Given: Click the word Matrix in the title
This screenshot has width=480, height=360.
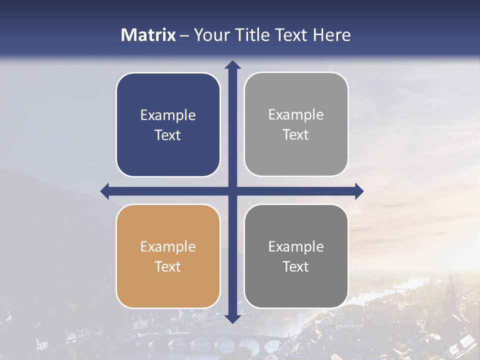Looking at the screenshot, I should [148, 35].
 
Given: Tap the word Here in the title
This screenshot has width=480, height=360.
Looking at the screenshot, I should [331, 35].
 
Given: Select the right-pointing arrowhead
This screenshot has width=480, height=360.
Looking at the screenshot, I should [359, 191].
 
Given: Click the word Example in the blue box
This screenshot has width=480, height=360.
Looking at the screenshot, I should [168, 115].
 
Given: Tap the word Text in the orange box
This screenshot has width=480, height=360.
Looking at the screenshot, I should [168, 266].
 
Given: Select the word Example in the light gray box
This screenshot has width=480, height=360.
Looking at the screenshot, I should [296, 115].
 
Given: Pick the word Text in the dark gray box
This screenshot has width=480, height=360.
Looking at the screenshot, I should [296, 266].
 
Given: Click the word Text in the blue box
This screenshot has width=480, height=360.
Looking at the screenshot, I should [168, 135].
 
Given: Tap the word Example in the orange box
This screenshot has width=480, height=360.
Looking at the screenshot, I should [168, 246].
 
